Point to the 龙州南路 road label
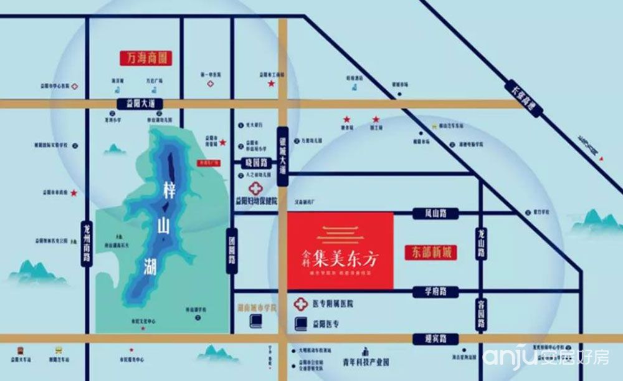(86, 243)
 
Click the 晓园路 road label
(254, 162)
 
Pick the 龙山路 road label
(481, 243)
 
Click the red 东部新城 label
(430, 253)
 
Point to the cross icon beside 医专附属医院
(301, 304)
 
